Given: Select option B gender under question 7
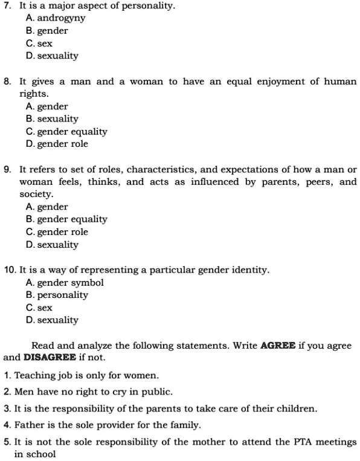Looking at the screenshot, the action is pos(47,31).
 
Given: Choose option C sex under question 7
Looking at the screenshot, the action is pos(39,44).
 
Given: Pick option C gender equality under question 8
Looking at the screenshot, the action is pos(66,132).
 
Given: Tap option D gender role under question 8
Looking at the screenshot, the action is pos(57,144).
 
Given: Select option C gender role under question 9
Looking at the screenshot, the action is pos(57,232).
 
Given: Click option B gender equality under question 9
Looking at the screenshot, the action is pos(66,219).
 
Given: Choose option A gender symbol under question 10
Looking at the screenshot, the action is pos(65,283).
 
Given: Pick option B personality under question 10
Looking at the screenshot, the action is pos(57,295).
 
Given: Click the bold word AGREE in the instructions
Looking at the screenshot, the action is pos(278,346).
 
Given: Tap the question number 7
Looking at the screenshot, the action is pos(7,5).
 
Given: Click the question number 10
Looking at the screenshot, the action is pos(10,270).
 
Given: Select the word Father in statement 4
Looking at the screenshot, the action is pos(29,425).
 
